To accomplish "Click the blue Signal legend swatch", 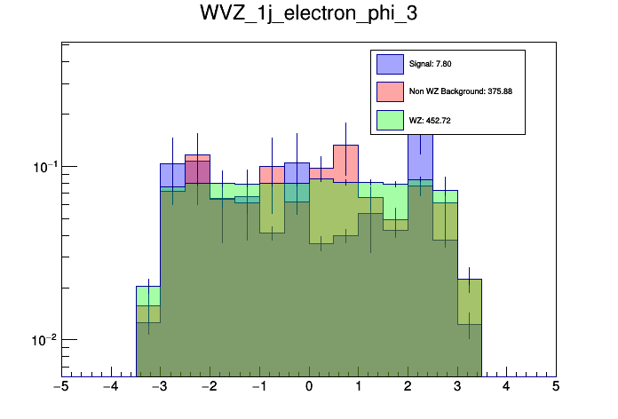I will (x=391, y=64).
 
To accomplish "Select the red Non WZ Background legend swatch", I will (x=391, y=91).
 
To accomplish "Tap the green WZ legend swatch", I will (x=391, y=120).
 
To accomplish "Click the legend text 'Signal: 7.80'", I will (x=431, y=64).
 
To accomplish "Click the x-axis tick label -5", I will (x=60, y=387).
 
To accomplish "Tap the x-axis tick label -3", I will (x=160, y=387).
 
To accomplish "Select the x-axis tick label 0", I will (x=309, y=387).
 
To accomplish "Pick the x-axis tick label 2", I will (x=408, y=387).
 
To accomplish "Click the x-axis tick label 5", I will (x=556, y=387).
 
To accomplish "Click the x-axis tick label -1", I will (x=258, y=387).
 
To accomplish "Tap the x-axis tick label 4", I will (x=506, y=387).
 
